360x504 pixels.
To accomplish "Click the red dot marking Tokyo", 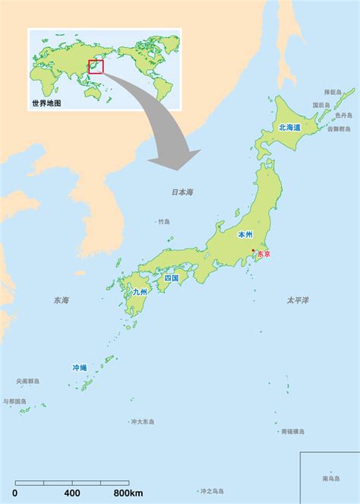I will [x=253, y=251].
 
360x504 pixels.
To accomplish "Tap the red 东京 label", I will [x=264, y=255].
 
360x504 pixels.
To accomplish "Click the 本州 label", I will [x=245, y=236].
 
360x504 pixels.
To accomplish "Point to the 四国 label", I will [x=172, y=278].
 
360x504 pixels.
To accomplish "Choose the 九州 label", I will [x=141, y=291].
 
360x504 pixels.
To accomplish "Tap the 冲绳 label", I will [x=80, y=367].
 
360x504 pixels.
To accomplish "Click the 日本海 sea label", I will [x=182, y=192].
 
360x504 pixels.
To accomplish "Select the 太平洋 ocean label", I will [x=298, y=300].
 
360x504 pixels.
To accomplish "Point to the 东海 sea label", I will [x=61, y=301].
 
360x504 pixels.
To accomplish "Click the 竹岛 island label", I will [x=164, y=222].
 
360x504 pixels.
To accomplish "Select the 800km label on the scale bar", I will [x=128, y=494].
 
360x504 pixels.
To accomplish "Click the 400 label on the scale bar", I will [x=72, y=494].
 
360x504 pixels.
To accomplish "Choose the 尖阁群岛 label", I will [x=28, y=381].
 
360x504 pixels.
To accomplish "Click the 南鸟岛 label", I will [x=331, y=478].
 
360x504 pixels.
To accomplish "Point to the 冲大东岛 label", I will [x=142, y=421].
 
